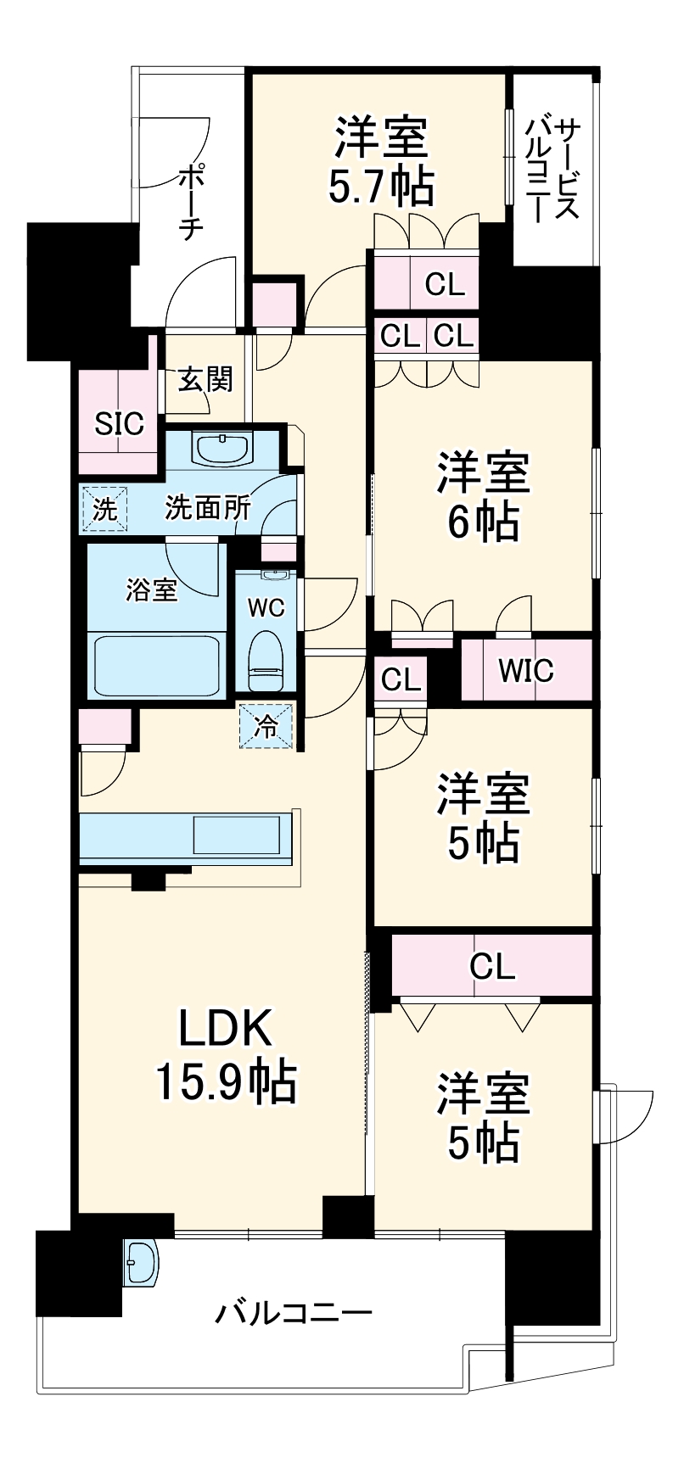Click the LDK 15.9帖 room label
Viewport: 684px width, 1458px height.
225,1055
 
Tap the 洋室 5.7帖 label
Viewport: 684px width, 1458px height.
381,162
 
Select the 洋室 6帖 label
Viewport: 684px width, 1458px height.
483,497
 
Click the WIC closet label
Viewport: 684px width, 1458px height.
526,671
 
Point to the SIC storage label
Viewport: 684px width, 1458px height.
119,423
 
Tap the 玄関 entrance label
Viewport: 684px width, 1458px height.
205,379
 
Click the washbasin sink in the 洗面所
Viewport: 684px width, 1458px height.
221,447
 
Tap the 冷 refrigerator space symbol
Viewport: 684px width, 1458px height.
266,727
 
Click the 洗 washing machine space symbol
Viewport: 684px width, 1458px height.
104,510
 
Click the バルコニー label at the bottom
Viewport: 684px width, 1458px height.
293,1315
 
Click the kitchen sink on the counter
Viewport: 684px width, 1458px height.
237,835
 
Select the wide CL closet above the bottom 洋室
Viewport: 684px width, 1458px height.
492,966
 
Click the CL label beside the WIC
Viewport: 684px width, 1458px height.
401,679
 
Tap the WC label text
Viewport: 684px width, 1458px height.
266,607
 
